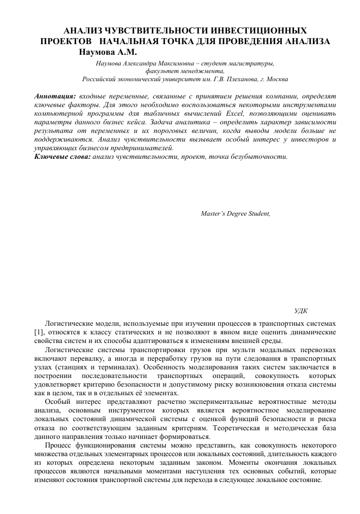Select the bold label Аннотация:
click(x=55, y=95)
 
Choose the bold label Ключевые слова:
click(x=62, y=156)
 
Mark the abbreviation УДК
click(x=301, y=310)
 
